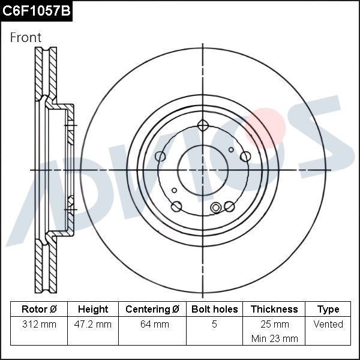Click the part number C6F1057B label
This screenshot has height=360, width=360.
click(x=36, y=10)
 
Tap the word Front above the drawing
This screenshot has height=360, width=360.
click(x=26, y=37)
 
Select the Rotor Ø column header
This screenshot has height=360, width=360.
click(x=39, y=309)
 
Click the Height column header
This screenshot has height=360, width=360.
click(x=93, y=309)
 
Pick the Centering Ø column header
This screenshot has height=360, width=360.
click(x=152, y=309)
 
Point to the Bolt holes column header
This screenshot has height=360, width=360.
click(x=214, y=309)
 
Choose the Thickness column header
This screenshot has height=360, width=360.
click(x=274, y=309)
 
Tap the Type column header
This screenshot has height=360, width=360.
click(x=328, y=309)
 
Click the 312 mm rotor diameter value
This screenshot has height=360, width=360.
click(x=39, y=324)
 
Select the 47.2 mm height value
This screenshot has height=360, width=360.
click(x=93, y=324)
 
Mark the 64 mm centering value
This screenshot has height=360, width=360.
click(x=152, y=324)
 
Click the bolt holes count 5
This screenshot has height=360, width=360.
click(x=214, y=324)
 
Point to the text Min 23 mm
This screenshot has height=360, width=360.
click(x=274, y=338)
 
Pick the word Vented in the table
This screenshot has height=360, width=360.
click(x=328, y=324)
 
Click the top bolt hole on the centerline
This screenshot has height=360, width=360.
click(x=203, y=126)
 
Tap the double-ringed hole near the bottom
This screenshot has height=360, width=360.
click(x=217, y=208)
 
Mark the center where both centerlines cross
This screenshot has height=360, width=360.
click(x=203, y=170)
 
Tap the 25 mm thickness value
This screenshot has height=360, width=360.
click(x=274, y=324)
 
